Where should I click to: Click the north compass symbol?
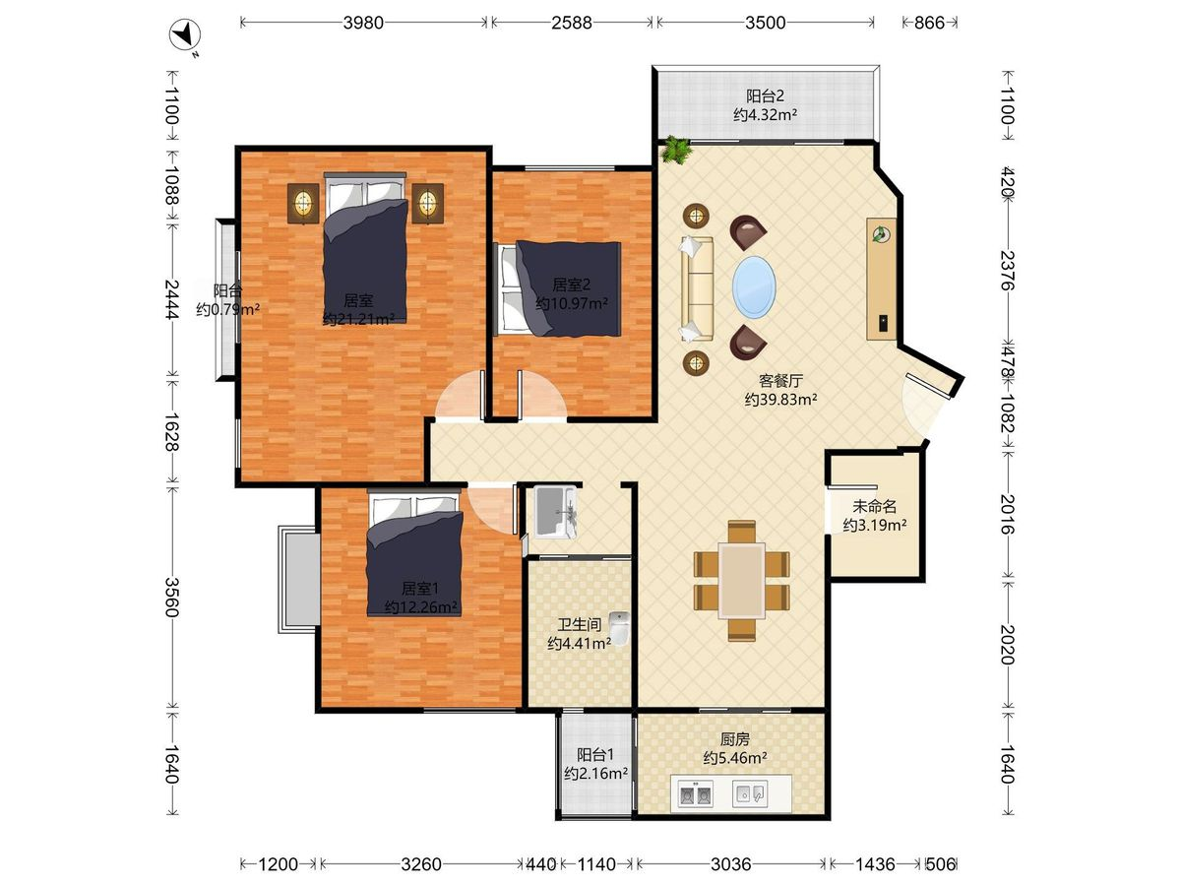pyautogui.click(x=185, y=36)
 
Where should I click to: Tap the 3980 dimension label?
pyautogui.click(x=364, y=23)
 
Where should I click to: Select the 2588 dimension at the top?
pyautogui.click(x=572, y=23)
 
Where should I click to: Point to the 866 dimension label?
pyautogui.click(x=929, y=23)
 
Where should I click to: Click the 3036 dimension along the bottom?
pyautogui.click(x=730, y=864)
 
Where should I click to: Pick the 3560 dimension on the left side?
pyautogui.click(x=172, y=598)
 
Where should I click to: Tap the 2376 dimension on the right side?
pyautogui.click(x=1007, y=270)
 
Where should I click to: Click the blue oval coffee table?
pyautogui.click(x=754, y=286)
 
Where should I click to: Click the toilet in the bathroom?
pyautogui.click(x=619, y=628)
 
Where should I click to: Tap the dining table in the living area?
pyautogui.click(x=742, y=581)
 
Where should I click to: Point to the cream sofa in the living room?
pyautogui.click(x=697, y=288)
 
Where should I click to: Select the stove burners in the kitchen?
pyautogui.click(x=695, y=794)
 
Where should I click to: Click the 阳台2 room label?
pyautogui.click(x=765, y=96)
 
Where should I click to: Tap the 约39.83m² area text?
pyautogui.click(x=781, y=400)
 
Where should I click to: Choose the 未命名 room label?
pyautogui.click(x=874, y=506)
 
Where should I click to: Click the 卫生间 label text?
pyautogui.click(x=579, y=624)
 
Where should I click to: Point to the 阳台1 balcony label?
pyautogui.click(x=595, y=755)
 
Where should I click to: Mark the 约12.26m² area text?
pyautogui.click(x=421, y=607)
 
